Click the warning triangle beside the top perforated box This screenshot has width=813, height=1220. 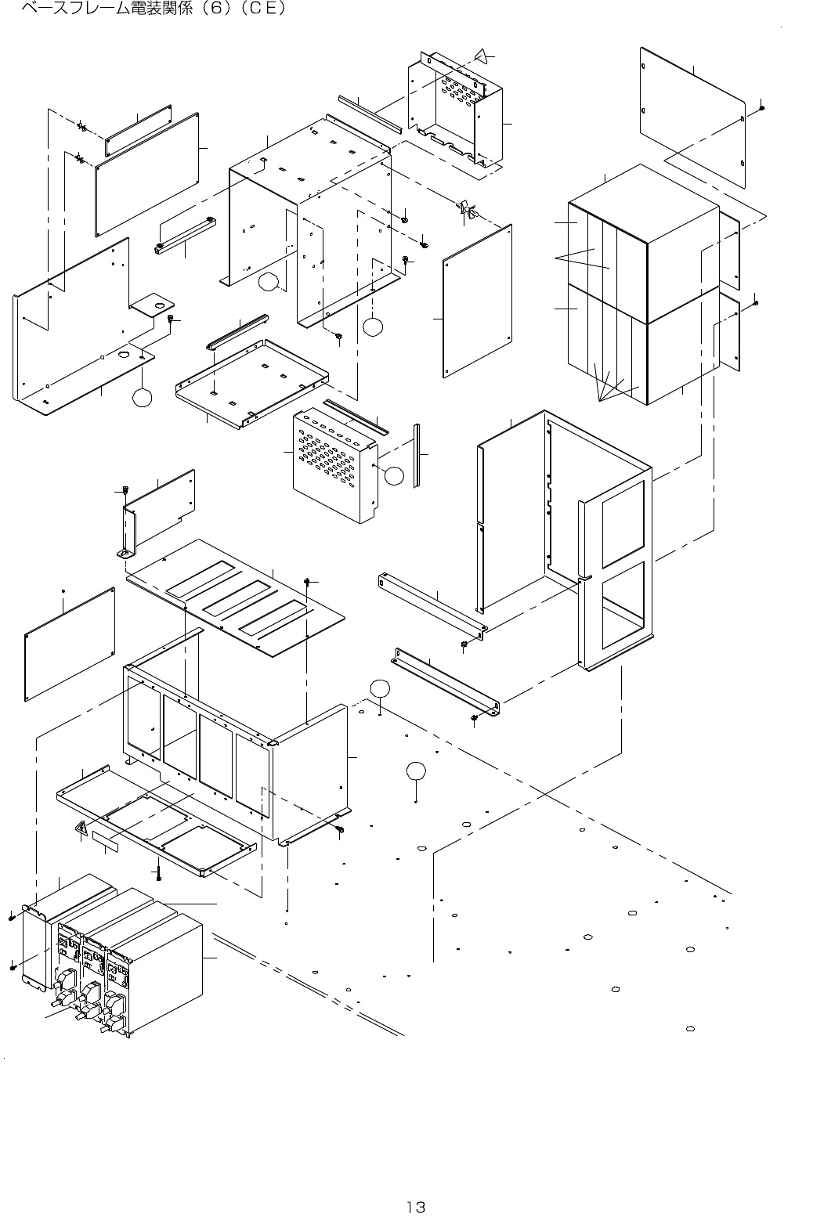(x=485, y=56)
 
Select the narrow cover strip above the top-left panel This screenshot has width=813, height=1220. (x=138, y=132)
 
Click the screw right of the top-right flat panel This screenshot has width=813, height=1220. (x=762, y=107)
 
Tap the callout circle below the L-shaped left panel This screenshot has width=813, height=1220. (x=142, y=398)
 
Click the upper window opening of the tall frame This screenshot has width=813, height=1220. (x=623, y=523)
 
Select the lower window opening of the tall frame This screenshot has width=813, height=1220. (x=623, y=605)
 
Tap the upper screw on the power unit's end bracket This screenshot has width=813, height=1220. (x=12, y=918)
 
